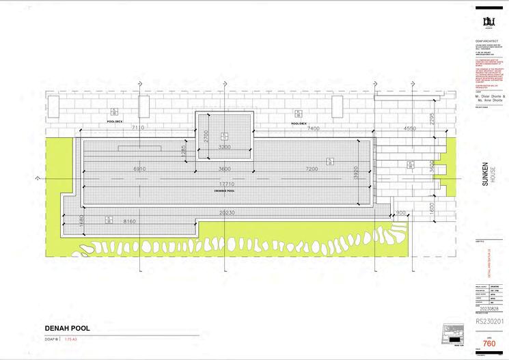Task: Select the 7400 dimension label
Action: coord(314,128)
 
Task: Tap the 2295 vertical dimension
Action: coord(432,117)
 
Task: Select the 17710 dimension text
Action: coord(226,183)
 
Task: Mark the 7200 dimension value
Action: coord(312,169)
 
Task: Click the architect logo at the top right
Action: coord(489,21)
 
